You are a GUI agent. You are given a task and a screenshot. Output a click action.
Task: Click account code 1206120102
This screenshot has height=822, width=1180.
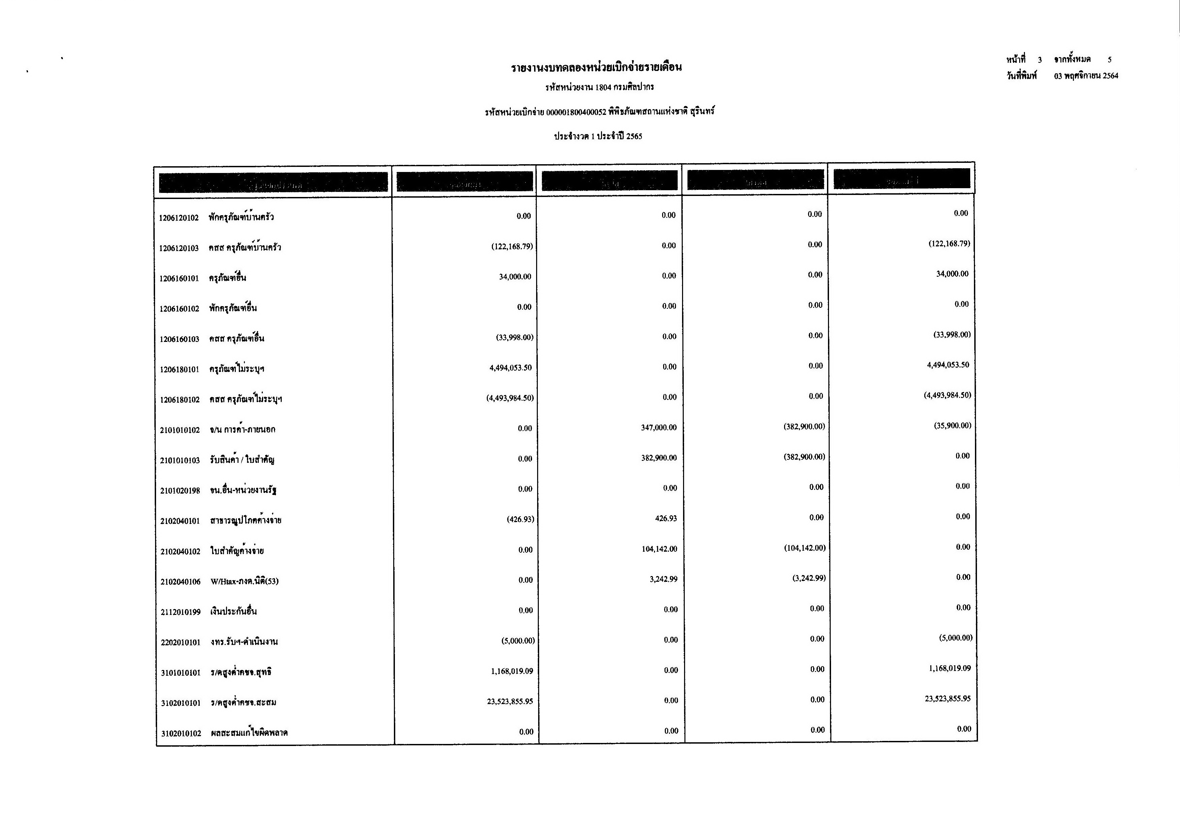pyautogui.click(x=178, y=218)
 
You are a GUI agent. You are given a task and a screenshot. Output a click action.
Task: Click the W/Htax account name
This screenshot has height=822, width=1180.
pyautogui.click(x=245, y=581)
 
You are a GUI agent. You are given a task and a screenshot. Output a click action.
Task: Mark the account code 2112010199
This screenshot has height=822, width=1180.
pyautogui.click(x=180, y=612)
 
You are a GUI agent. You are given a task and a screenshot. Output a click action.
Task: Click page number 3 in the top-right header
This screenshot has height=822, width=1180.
pyautogui.click(x=1040, y=60)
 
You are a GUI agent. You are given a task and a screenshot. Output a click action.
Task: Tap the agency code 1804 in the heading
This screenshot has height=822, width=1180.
pyautogui.click(x=603, y=88)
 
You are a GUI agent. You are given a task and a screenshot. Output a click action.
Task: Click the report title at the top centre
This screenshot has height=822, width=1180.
pyautogui.click(x=596, y=67)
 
